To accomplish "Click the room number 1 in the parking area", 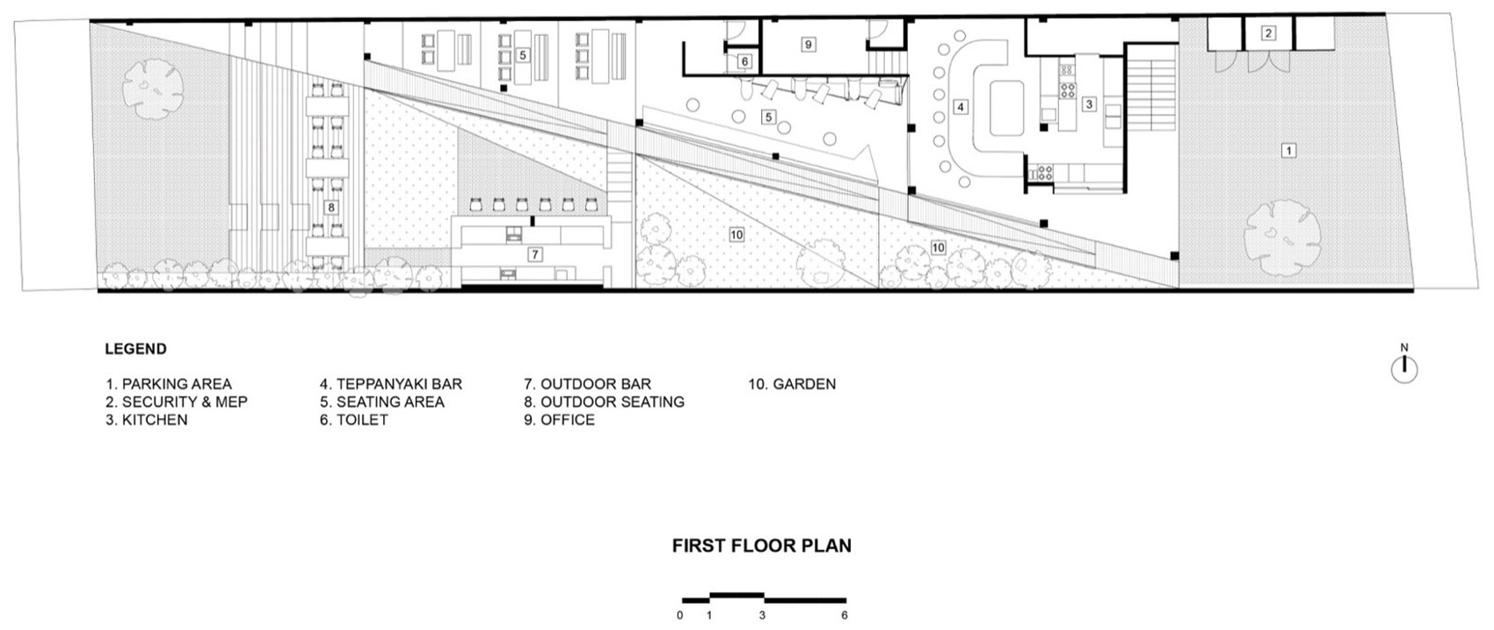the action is click(1288, 150).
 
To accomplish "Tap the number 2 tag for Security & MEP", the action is click(1268, 33).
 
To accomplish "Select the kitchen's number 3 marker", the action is click(1089, 104).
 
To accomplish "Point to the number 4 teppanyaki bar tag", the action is click(961, 106).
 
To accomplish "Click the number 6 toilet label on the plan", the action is click(745, 62).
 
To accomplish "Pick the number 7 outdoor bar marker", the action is click(534, 254).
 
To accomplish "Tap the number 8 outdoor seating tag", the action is click(330, 207).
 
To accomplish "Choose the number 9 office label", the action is click(809, 45).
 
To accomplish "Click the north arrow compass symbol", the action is click(1404, 366).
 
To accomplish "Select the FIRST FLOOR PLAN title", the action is click(762, 546).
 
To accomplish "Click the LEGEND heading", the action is click(136, 349).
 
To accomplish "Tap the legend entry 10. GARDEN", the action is click(792, 384).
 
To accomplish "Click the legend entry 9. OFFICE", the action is click(559, 420).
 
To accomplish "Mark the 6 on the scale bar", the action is click(845, 615).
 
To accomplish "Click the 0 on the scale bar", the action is click(679, 615).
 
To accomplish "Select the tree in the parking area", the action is click(1282, 239).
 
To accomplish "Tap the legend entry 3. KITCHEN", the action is click(147, 420).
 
